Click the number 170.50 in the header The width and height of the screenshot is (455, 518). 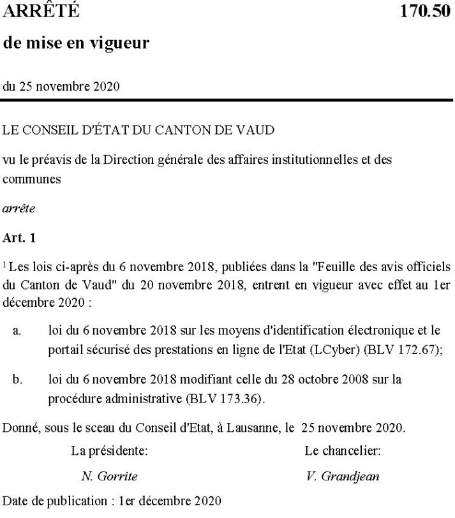[425, 11]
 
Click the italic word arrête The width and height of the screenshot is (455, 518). [19, 208]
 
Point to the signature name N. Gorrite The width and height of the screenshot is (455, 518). [109, 475]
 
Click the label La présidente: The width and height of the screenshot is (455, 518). [110, 451]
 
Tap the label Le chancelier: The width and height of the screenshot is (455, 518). [343, 451]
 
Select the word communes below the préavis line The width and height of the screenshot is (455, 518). [32, 179]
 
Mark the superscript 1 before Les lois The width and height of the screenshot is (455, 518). [4, 262]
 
